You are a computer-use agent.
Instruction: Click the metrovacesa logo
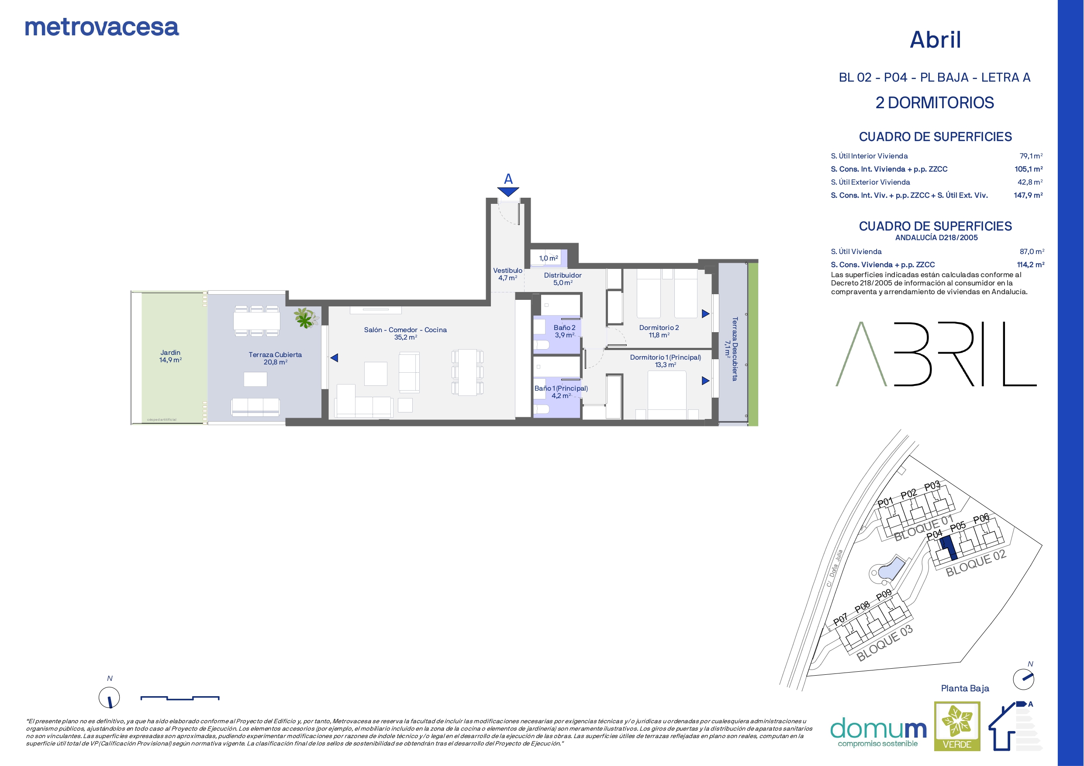pyautogui.click(x=102, y=28)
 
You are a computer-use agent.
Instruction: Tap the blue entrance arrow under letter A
pyautogui.click(x=508, y=192)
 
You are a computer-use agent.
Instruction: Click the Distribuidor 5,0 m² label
pyautogui.click(x=563, y=279)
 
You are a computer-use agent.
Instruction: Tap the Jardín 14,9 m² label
pyautogui.click(x=170, y=356)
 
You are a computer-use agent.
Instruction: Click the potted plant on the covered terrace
pyautogui.click(x=305, y=318)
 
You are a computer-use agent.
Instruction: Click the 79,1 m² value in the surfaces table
pyautogui.click(x=1031, y=156)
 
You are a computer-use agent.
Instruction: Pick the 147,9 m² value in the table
pyautogui.click(x=1028, y=195)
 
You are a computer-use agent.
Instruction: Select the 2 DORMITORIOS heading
pyautogui.click(x=935, y=103)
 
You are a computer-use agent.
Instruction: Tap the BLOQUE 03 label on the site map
pyautogui.click(x=884, y=643)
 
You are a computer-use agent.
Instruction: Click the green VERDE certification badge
pyautogui.click(x=957, y=726)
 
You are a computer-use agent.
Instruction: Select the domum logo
pyautogui.click(x=878, y=732)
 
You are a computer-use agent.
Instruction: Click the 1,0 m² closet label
pyautogui.click(x=549, y=258)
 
